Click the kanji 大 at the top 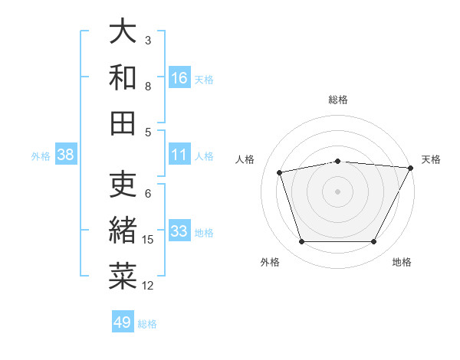click(x=123, y=32)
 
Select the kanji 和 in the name click(x=123, y=77)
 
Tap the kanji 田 click(x=123, y=123)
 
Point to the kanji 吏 click(x=123, y=186)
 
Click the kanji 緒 click(x=123, y=231)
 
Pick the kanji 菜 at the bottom click(x=123, y=277)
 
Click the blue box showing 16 click(x=179, y=77)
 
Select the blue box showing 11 click(x=179, y=155)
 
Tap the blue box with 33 click(x=179, y=231)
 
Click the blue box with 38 click(x=66, y=155)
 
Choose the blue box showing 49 click(x=123, y=322)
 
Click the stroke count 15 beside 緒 click(x=148, y=240)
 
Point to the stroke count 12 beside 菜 click(x=148, y=286)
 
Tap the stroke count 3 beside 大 click(x=148, y=40)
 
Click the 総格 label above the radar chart click(x=338, y=100)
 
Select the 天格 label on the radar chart click(x=431, y=159)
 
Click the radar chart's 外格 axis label click(x=270, y=262)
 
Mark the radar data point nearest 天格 click(x=410, y=168)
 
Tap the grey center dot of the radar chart click(x=338, y=191)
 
